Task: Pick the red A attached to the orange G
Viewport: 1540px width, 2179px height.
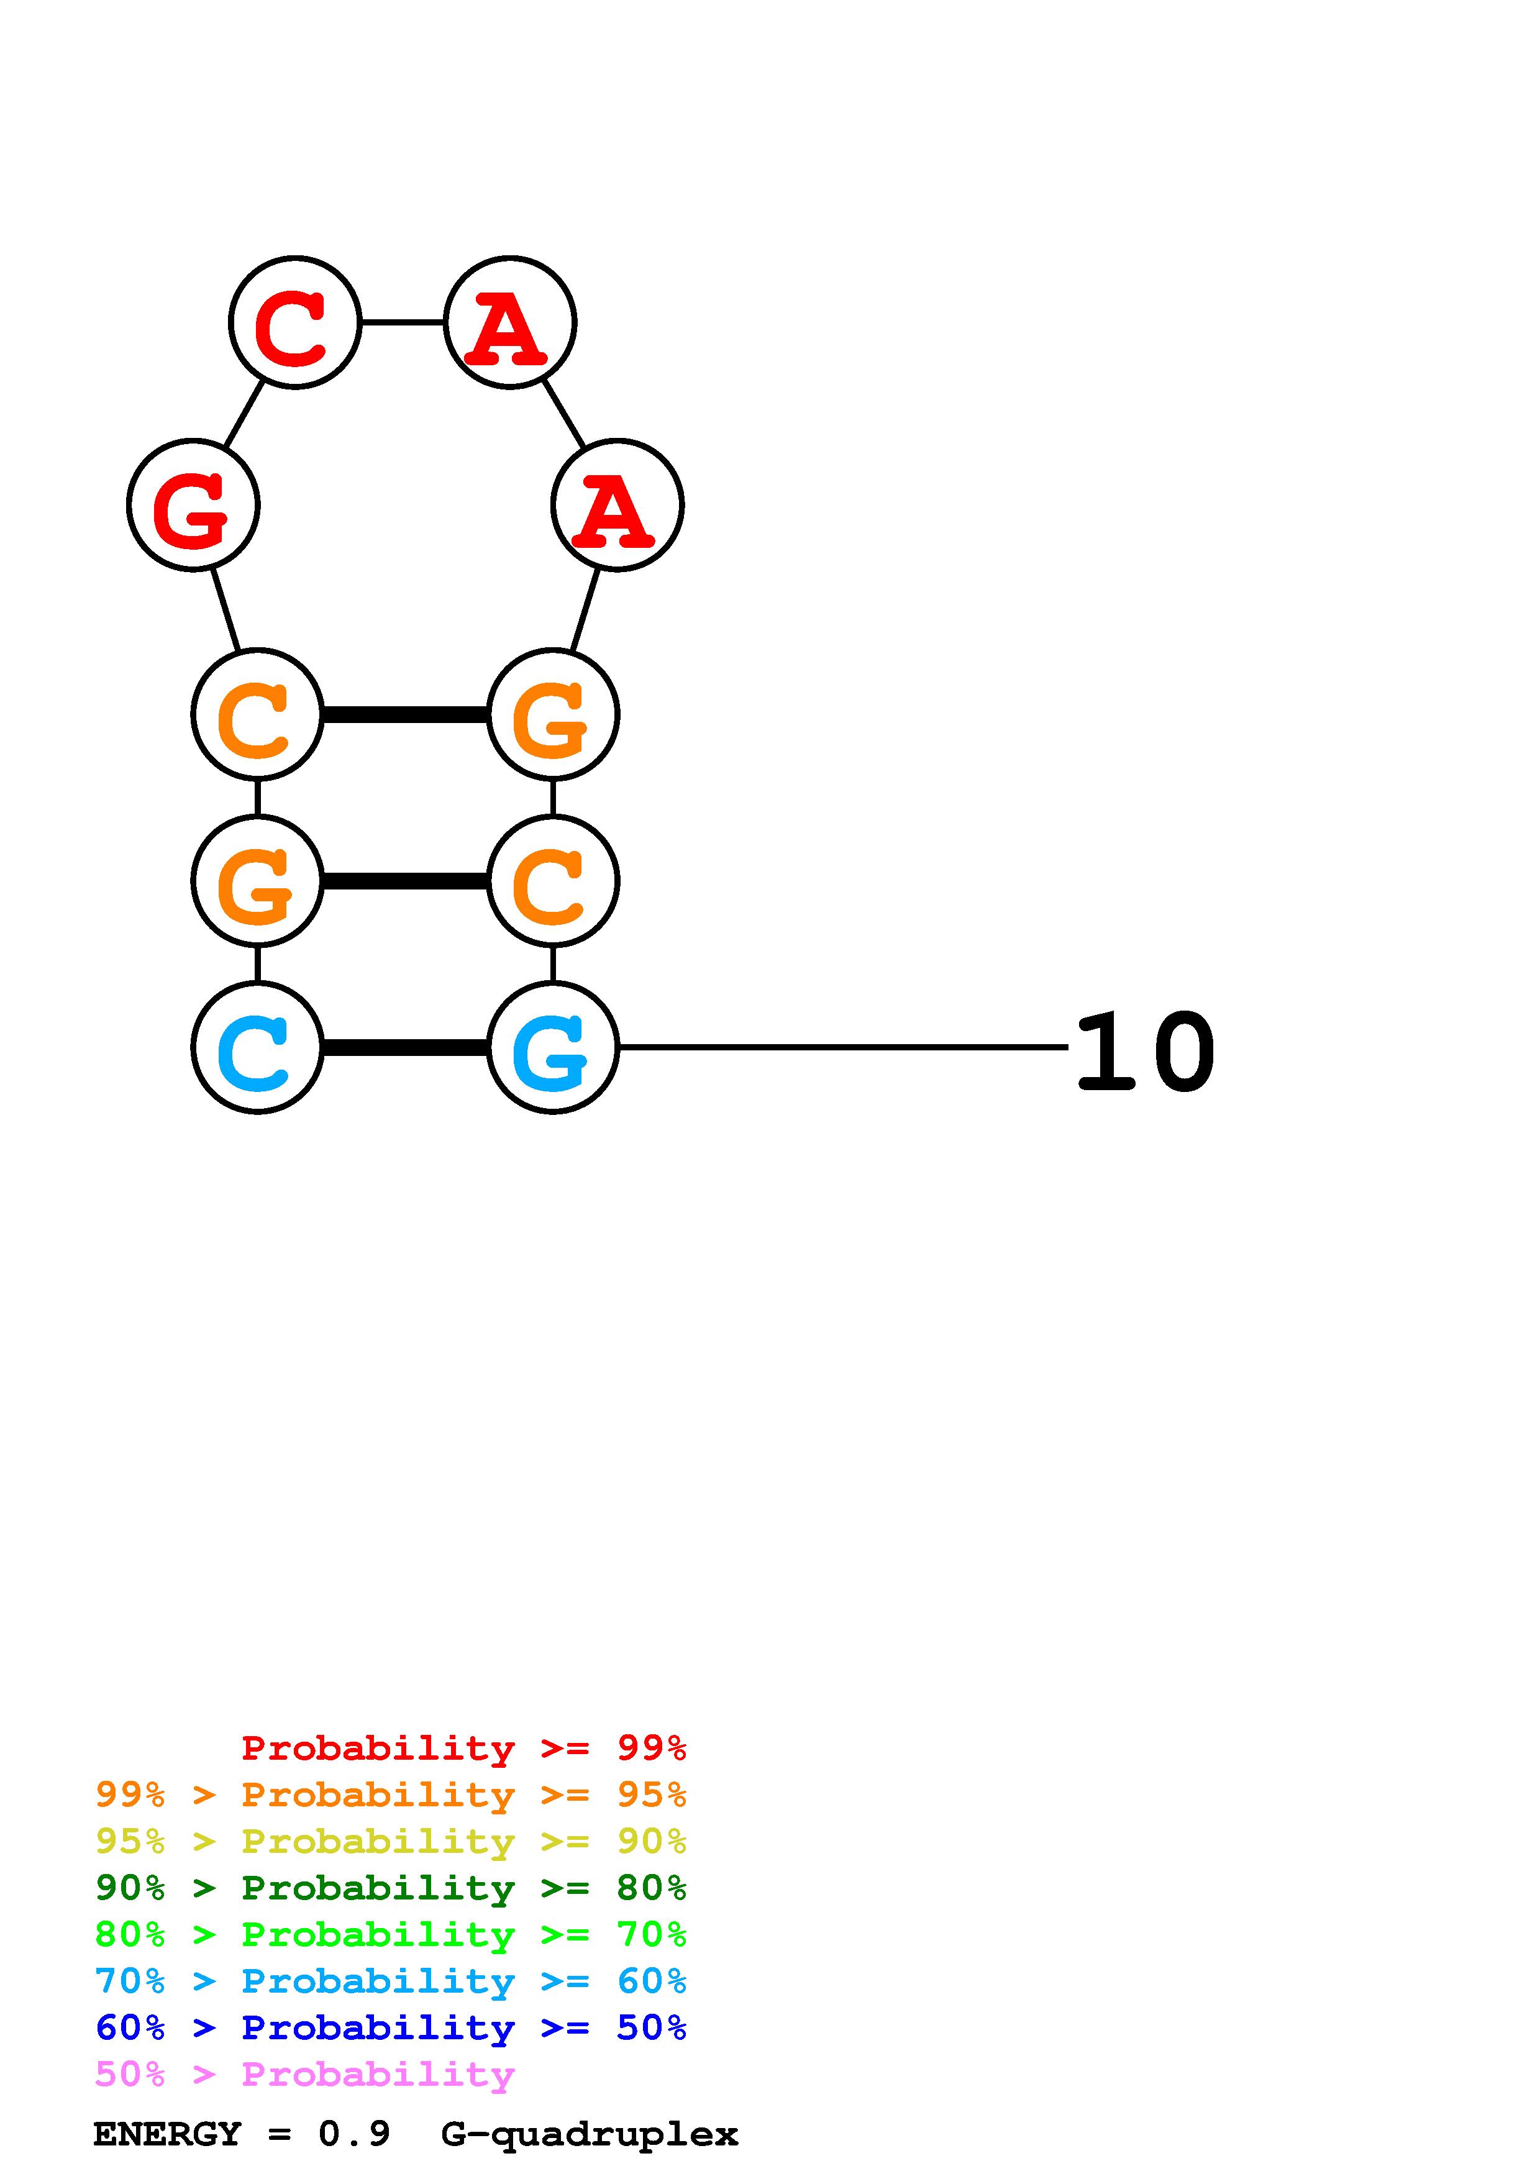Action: [617, 505]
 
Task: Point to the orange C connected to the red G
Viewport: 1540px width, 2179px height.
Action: [257, 714]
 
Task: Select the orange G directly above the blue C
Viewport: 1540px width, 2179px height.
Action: [257, 881]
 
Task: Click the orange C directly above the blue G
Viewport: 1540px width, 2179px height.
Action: [552, 881]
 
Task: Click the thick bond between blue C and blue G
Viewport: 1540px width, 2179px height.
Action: [405, 1048]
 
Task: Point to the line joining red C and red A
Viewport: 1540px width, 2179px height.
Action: [403, 322]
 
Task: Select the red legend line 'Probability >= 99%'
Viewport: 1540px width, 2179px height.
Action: [463, 1747]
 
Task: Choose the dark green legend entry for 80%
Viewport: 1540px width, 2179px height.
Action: [391, 1888]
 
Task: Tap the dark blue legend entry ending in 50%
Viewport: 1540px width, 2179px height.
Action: [391, 2027]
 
